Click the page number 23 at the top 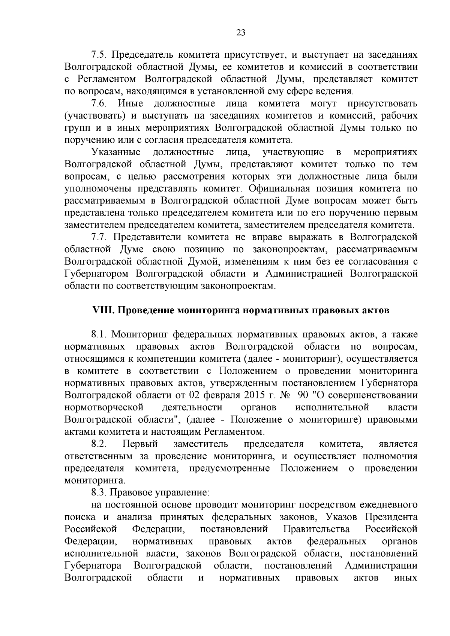(x=241, y=33)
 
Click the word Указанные (x=116, y=152)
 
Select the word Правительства (x=316, y=529)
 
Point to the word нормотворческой (x=104, y=407)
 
